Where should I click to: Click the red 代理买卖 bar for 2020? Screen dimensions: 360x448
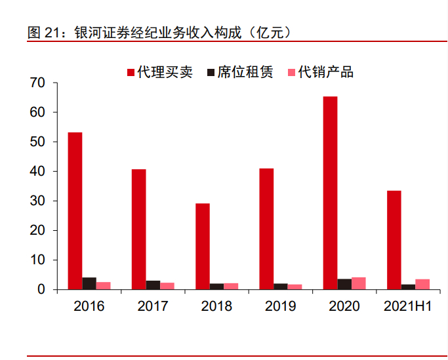(331, 193)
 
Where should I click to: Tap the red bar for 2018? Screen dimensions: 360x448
(203, 246)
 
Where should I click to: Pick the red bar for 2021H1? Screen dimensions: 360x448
(394, 240)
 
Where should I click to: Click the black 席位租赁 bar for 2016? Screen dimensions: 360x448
(89, 283)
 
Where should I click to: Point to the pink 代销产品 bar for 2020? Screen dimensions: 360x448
(359, 283)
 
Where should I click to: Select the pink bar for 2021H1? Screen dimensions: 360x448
(423, 284)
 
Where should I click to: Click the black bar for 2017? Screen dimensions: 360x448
(153, 285)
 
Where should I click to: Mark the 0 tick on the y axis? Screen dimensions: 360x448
(41, 290)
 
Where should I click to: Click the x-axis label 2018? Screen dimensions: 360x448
(216, 306)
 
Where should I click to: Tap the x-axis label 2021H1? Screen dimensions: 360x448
(407, 306)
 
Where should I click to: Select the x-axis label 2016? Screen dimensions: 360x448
(89, 306)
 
